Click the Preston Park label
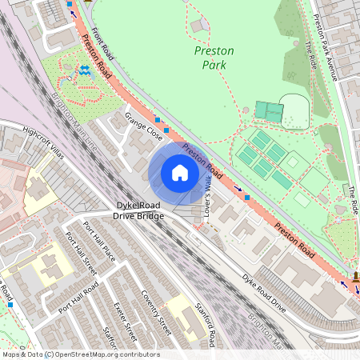214,58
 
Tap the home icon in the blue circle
179,172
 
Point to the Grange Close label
139,128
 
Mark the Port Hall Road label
73,296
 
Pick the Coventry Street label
157,313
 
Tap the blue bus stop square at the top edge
70,4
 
